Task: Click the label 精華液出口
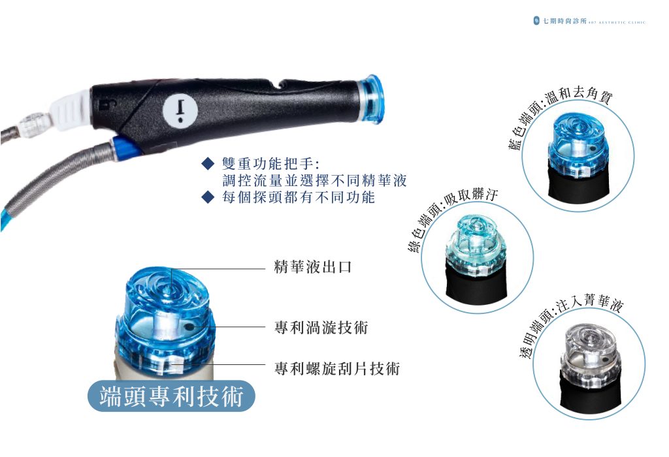(313, 267)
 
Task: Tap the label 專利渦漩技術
(321, 327)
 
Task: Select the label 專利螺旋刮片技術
(337, 368)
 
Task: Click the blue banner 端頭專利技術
(171, 396)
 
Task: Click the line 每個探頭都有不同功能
(299, 197)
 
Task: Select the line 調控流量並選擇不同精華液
(314, 180)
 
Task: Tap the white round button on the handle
(180, 110)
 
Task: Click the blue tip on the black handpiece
(370, 99)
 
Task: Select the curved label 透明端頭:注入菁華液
(568, 322)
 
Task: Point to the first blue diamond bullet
(207, 164)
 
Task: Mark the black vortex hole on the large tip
(188, 326)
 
